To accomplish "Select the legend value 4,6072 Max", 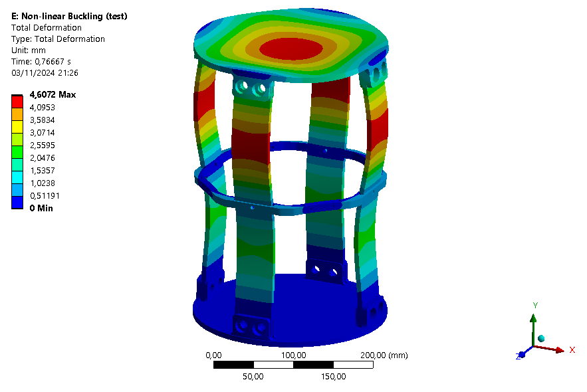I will pyautogui.click(x=53, y=94).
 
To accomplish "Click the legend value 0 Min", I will pyautogui.click(x=41, y=208).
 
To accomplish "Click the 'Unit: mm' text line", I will pyautogui.click(x=32, y=50).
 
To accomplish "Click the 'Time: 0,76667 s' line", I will pyautogui.click(x=44, y=61).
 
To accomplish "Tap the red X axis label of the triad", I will pyautogui.click(x=572, y=349).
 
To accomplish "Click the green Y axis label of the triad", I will pyautogui.click(x=534, y=305).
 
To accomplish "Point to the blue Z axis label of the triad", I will pyautogui.click(x=517, y=357).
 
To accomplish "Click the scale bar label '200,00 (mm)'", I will pyautogui.click(x=383, y=355).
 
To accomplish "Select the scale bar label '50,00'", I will pyautogui.click(x=253, y=377).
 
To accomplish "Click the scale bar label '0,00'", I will pyautogui.click(x=213, y=355).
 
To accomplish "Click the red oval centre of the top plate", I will pyautogui.click(x=291, y=49).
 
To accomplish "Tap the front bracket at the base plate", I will pyautogui.click(x=251, y=326).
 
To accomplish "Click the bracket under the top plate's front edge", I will pyautogui.click(x=251, y=88).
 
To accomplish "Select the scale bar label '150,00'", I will pyautogui.click(x=333, y=377).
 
